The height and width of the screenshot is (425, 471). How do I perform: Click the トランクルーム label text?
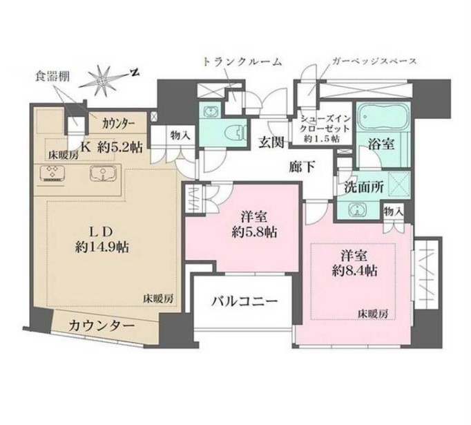pyautogui.click(x=242, y=62)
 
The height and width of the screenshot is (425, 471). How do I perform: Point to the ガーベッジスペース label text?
pyautogui.click(x=374, y=62)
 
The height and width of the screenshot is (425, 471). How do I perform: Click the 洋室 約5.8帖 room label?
pyautogui.click(x=253, y=225)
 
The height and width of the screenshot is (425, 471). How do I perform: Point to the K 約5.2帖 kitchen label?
pyautogui.click(x=112, y=146)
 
